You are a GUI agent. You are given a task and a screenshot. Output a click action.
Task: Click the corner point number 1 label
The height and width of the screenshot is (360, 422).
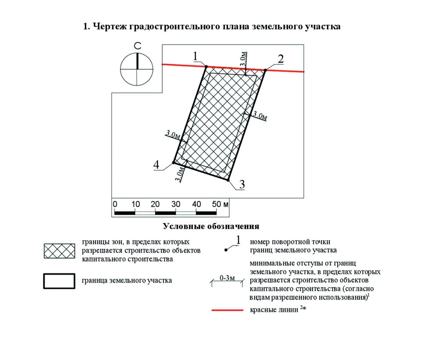coord(196,57)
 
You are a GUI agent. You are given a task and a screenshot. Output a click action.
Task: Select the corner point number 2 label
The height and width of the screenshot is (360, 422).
coord(280,59)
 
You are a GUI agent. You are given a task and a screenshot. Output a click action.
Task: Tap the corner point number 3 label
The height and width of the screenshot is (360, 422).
coord(241,184)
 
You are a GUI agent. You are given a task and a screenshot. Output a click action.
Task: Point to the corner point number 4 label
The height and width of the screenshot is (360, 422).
coord(156,165)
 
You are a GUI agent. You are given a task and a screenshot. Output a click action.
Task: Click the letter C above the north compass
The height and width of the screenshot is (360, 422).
coord(137,46)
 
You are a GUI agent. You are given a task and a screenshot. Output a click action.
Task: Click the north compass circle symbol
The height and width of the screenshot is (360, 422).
coord(137,69)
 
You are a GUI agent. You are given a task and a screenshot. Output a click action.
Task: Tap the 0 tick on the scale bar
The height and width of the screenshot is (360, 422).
coord(115,204)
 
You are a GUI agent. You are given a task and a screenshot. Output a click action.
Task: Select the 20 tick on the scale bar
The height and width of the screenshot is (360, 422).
coord(156,204)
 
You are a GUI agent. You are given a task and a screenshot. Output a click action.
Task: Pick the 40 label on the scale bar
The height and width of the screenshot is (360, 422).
coord(196,204)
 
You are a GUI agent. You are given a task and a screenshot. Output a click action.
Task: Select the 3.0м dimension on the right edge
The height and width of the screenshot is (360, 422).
coord(260,116)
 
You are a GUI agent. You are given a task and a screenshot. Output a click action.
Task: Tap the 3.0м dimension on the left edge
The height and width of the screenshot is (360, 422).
coord(173,135)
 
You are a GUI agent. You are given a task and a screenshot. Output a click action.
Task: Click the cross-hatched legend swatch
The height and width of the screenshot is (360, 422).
coord(59,251)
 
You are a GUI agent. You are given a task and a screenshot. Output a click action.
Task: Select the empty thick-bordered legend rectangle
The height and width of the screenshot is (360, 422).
coord(59,281)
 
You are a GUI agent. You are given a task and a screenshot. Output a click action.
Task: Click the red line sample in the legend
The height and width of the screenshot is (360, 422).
coord(227,310)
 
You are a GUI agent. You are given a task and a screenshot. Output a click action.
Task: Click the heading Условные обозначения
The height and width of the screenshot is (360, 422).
coord(211,227)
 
